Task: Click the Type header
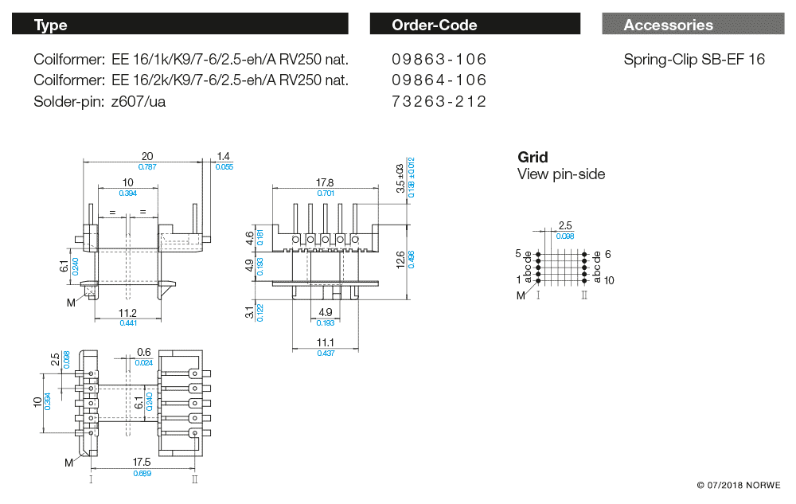51,25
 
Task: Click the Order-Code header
435,25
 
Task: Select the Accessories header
669,25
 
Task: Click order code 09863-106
439,60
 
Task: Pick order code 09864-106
439,80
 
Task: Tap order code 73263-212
439,101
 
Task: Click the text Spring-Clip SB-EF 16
694,60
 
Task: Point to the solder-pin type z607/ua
139,101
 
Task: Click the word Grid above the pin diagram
533,157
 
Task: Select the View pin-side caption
561,174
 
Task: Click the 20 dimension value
147,156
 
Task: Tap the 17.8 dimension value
325,182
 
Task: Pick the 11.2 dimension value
127,313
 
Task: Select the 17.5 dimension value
142,463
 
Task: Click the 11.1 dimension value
326,342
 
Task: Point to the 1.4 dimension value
223,156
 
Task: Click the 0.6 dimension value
144,353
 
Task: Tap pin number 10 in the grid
609,280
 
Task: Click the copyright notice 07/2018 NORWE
739,485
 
